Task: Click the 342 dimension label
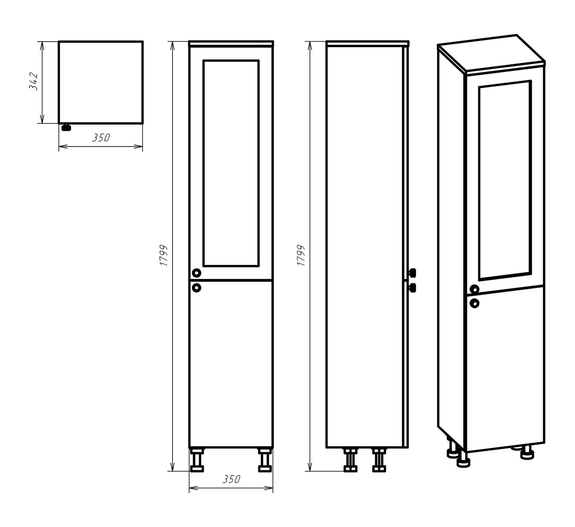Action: coord(33,81)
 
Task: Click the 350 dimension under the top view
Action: coord(101,138)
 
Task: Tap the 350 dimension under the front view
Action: coord(231,479)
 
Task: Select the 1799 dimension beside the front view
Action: coord(164,255)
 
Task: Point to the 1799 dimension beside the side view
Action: coord(301,255)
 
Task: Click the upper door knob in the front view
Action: coord(197,273)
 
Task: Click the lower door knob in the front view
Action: coord(197,287)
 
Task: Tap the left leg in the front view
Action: coord(197,459)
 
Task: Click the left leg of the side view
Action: coord(350,460)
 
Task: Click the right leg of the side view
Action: coord(379,460)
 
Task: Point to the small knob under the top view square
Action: coord(66,127)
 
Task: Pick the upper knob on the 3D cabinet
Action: coord(474,289)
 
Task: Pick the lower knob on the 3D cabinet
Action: coord(474,304)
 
